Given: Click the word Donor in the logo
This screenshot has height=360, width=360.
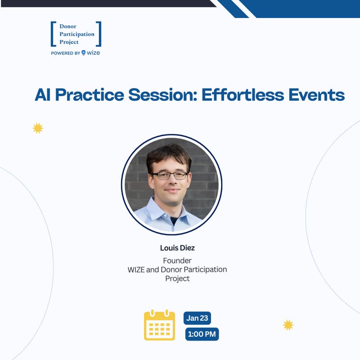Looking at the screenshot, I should pyautogui.click(x=68, y=27).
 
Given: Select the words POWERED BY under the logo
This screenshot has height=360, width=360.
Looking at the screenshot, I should pyautogui.click(x=66, y=53).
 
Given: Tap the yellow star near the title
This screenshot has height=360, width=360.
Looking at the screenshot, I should pyautogui.click(x=38, y=128).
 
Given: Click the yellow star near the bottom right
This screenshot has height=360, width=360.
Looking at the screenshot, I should pyautogui.click(x=288, y=324).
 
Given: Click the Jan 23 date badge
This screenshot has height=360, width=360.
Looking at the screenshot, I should pyautogui.click(x=197, y=318).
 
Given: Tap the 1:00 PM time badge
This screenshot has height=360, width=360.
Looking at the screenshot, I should pyautogui.click(x=202, y=334).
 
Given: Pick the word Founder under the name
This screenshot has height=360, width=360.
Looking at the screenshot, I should pyautogui.click(x=177, y=261).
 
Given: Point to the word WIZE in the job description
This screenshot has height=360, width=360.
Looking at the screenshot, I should pyautogui.click(x=136, y=270).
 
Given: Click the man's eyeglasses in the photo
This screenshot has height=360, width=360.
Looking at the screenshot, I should pyautogui.click(x=170, y=175).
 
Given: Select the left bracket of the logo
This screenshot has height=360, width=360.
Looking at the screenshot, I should pyautogui.click(x=53, y=34).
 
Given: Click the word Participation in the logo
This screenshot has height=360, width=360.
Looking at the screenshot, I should pyautogui.click(x=77, y=34).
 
